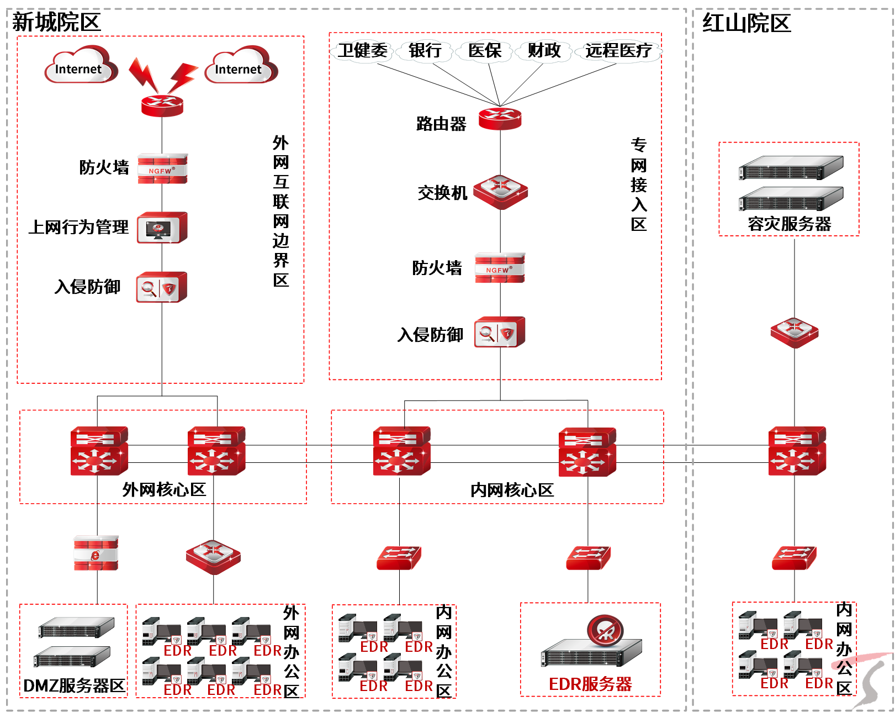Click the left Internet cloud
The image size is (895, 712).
[80, 66]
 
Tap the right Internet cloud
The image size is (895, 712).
[240, 66]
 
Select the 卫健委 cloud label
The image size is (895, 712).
[363, 51]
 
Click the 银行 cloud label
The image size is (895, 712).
[425, 51]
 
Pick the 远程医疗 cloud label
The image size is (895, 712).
[618, 51]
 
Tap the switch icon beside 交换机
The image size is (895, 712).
[500, 192]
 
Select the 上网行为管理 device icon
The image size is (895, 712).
[162, 228]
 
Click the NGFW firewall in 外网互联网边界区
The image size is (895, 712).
[162, 168]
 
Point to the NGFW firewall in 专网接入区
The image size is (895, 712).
[500, 268]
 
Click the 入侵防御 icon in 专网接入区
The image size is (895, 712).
[500, 332]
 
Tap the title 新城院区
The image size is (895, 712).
[56, 23]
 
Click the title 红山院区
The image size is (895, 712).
[746, 24]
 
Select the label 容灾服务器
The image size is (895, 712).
[789, 224]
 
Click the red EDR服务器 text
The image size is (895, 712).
[590, 684]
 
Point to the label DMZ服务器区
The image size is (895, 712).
[74, 686]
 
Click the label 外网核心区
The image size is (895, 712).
[164, 489]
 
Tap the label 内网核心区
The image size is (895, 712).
[512, 490]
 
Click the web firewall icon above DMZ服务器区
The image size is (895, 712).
[96, 552]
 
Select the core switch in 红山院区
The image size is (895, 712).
[797, 451]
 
